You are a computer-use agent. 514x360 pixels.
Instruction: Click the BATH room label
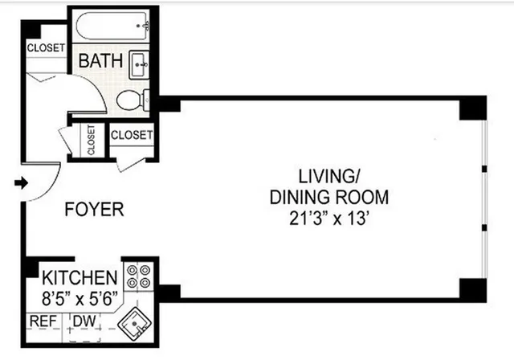coord(101,60)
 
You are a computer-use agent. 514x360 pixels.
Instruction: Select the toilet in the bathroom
coord(133,100)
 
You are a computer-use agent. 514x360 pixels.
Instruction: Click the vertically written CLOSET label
coord(91,141)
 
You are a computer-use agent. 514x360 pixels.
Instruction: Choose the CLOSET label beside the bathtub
coord(45,48)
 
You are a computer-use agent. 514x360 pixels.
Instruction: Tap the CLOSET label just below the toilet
coord(131,135)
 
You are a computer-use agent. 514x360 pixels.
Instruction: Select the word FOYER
coord(95,211)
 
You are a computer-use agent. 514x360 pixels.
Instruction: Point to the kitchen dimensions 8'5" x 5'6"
coord(80,298)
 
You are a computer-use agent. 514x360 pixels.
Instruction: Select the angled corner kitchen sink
coord(135,323)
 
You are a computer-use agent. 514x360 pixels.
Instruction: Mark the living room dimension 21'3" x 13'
coord(328,218)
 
